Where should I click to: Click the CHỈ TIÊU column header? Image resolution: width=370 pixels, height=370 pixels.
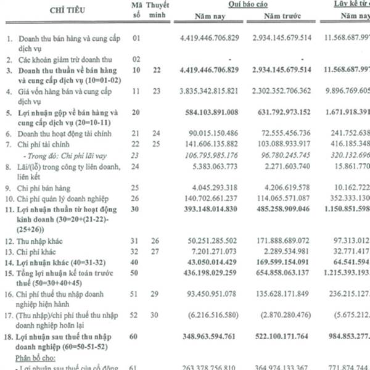point(60,10)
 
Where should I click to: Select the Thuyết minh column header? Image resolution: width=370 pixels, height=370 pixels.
point(160,10)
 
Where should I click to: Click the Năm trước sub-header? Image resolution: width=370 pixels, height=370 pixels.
point(282,18)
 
